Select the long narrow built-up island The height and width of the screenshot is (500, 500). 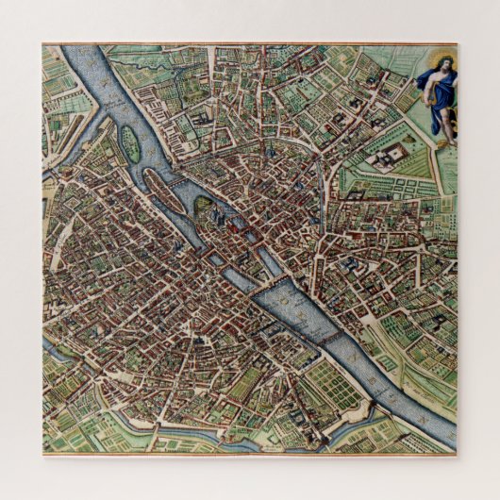(x=174, y=179)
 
